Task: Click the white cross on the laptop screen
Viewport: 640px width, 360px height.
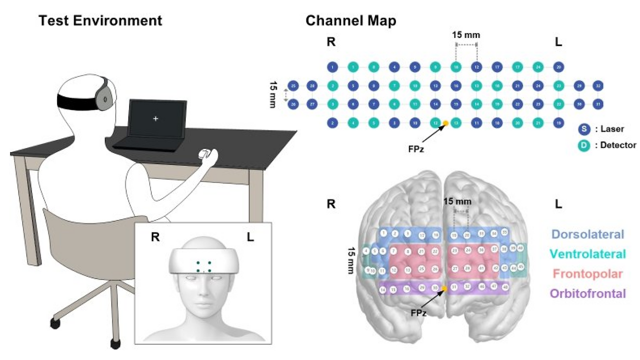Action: pos(155,118)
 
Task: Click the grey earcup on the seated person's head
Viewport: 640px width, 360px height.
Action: pos(104,97)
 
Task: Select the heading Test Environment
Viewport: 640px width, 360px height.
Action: pos(100,20)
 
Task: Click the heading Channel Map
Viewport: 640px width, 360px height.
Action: pos(350,20)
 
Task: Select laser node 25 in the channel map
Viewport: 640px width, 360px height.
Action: pos(293,85)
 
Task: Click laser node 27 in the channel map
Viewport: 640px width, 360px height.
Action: pos(312,104)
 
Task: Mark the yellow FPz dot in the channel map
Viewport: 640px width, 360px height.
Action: pos(445,123)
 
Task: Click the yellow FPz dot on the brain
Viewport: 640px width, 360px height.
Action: pos(443,288)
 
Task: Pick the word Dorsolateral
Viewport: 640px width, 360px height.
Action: pos(588,234)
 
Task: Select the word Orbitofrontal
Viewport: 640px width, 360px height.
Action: pos(588,293)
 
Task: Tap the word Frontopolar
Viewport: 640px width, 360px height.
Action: pos(588,273)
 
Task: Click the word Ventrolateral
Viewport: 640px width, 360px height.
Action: pos(588,254)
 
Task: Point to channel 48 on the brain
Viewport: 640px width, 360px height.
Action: pos(505,287)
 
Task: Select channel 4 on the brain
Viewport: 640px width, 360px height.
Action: pos(366,250)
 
